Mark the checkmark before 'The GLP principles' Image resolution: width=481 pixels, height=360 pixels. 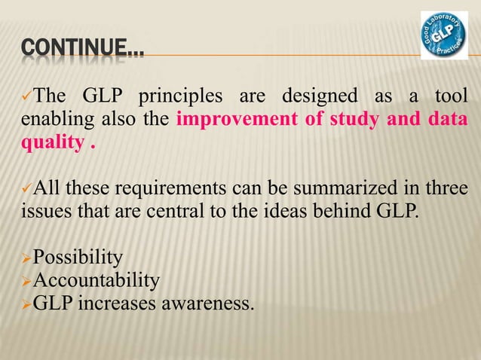tap(24, 98)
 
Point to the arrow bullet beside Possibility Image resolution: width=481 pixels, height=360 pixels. tap(25, 259)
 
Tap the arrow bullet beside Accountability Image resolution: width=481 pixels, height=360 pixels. tap(25, 282)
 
